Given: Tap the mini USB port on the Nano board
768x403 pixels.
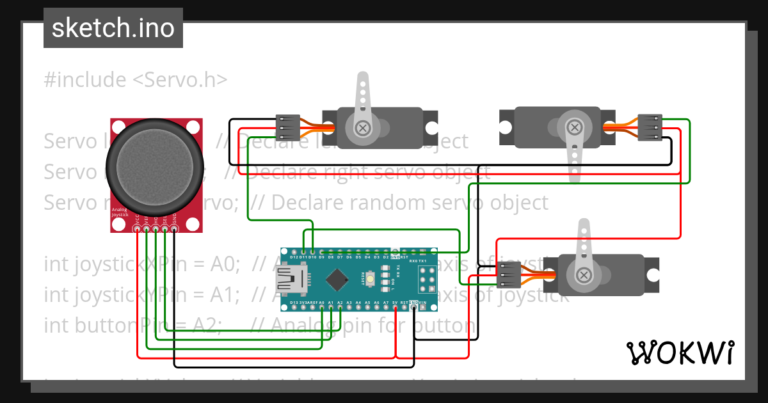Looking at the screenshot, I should click(290, 279).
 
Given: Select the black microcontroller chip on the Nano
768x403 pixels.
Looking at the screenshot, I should click(337, 280).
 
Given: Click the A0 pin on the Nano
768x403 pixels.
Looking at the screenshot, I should click(322, 308).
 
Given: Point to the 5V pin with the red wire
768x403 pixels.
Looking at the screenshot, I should click(396, 308).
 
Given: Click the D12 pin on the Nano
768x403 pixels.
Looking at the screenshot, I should click(294, 251).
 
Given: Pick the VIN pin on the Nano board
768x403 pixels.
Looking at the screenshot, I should click(423, 308).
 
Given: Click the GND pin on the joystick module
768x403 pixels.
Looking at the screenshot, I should click(174, 228).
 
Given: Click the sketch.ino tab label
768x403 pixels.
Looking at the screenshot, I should click(113, 28).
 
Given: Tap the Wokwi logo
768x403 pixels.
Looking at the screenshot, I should click(680, 352).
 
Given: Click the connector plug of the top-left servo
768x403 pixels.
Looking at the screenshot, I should click(287, 127).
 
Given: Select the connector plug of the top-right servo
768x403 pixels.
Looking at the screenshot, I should click(650, 127).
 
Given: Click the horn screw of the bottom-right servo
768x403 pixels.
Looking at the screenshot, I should click(583, 275).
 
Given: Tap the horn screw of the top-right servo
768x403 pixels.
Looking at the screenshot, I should click(573, 128).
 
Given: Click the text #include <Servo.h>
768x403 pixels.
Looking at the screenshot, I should click(136, 80).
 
